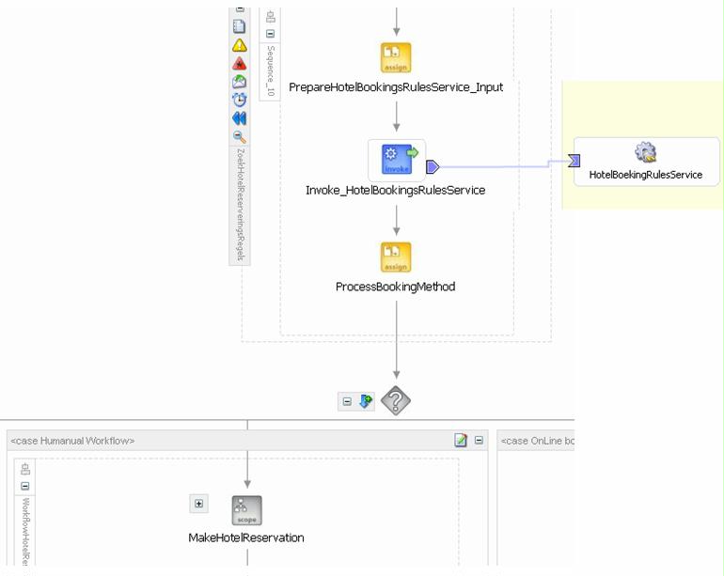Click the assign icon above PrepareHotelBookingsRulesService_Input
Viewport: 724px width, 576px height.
click(x=396, y=57)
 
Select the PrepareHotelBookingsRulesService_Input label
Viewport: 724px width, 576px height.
click(x=396, y=87)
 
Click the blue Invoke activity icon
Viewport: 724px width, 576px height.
click(x=397, y=160)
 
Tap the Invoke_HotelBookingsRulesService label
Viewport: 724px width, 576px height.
click(x=395, y=191)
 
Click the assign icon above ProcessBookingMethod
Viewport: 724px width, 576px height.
click(x=396, y=257)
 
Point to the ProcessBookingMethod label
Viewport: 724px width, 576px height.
click(x=395, y=287)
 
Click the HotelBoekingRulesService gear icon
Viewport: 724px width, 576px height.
click(x=646, y=152)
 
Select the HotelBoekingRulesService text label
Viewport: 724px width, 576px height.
click(x=646, y=175)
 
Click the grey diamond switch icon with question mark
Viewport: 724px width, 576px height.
click(x=396, y=401)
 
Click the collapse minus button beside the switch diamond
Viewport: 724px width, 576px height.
click(x=347, y=401)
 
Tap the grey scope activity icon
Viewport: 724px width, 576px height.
click(x=246, y=510)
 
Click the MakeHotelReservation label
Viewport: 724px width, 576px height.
click(x=246, y=538)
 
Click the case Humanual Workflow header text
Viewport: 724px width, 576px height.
click(x=72, y=441)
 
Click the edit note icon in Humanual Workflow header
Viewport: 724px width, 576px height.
click(x=461, y=441)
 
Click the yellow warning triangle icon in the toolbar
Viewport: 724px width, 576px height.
click(x=240, y=45)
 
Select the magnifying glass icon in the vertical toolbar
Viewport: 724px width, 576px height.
click(x=240, y=136)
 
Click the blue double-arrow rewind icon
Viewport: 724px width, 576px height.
click(x=240, y=118)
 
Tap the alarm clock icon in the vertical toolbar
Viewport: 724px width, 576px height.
click(x=240, y=100)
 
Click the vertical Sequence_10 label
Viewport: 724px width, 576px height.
click(x=271, y=70)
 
